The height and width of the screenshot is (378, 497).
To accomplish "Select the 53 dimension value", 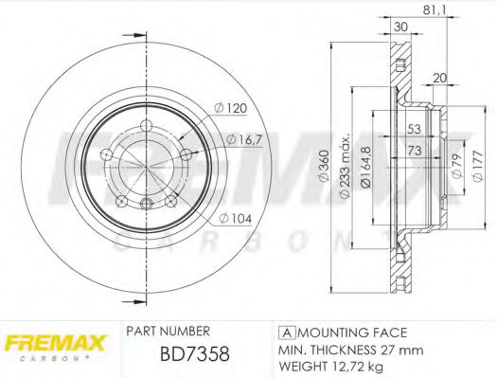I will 414,129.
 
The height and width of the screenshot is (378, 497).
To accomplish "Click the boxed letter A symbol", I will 285,333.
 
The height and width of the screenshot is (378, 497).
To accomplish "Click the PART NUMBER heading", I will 168,332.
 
